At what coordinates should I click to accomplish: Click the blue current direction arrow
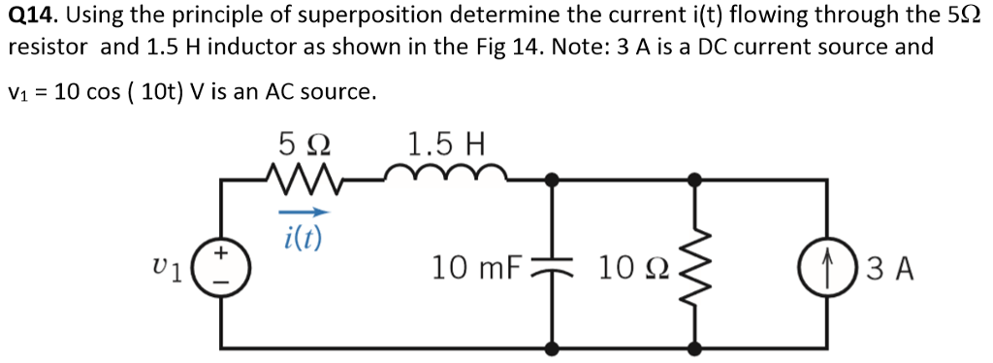pyautogui.click(x=304, y=213)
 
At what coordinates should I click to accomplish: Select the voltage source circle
pyautogui.click(x=223, y=266)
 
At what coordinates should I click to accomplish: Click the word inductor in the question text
pyautogui.click(x=251, y=47)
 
